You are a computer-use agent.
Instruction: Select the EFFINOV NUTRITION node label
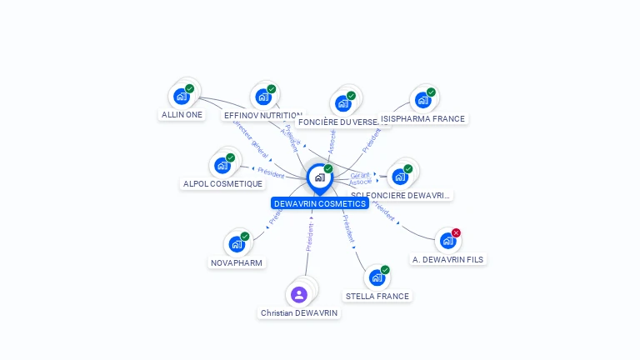262,116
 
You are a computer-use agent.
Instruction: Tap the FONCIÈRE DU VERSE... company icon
342,103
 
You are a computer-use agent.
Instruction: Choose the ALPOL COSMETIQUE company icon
222,165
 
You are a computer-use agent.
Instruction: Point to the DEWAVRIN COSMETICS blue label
319,203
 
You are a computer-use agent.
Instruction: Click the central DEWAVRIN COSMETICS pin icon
319,177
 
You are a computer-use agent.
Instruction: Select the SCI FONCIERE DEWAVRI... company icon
399,177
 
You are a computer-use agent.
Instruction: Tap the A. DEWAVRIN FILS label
447,260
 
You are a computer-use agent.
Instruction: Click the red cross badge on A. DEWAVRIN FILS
456,232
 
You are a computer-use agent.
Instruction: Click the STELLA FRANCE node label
377,297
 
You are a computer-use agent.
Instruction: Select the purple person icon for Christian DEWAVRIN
299,294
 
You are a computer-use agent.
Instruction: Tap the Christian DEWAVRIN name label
299,313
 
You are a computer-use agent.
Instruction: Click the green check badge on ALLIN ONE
189,88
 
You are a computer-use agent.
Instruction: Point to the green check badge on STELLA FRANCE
385,269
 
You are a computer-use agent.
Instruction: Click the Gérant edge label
360,175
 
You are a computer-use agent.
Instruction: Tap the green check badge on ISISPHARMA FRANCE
431,92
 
